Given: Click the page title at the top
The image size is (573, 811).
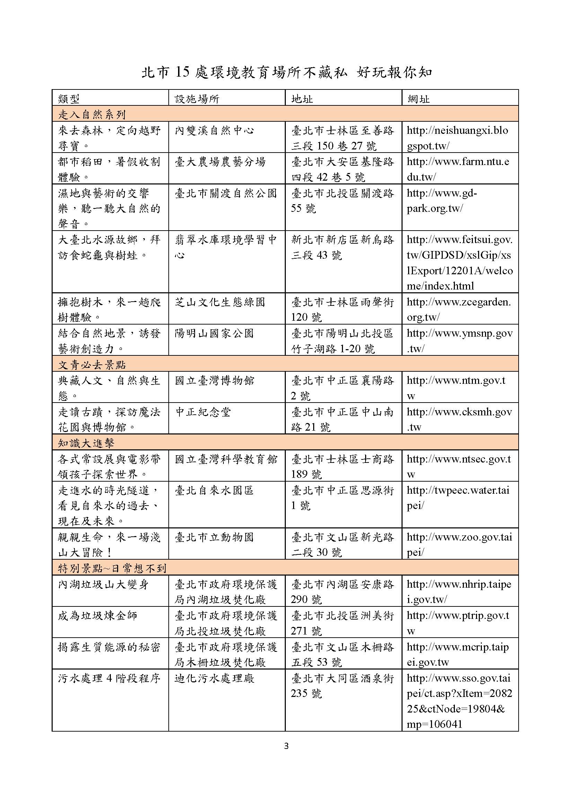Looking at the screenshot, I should click(x=286, y=72).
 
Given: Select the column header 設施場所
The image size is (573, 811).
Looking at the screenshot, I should click(x=197, y=99).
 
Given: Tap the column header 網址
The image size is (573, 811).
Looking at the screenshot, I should click(x=418, y=99).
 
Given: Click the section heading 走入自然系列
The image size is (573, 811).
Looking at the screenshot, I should click(x=92, y=114).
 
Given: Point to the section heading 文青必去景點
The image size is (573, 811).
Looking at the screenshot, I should click(x=92, y=364).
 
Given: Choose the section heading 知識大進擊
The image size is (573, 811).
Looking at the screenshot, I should click(x=86, y=443).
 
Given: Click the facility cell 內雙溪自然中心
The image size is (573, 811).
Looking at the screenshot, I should click(x=214, y=131).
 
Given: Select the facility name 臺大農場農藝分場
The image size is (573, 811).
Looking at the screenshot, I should click(x=220, y=162).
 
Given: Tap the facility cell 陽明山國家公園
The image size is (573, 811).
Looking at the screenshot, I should click(x=214, y=333).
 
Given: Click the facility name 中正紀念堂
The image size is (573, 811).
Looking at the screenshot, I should click(x=203, y=412).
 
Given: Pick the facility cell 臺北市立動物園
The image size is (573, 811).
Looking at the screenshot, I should click(x=214, y=537).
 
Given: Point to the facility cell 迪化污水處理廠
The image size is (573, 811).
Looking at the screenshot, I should click(x=214, y=678).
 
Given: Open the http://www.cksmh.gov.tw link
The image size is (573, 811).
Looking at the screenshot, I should click(x=459, y=419).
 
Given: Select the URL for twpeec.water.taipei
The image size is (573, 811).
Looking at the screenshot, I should click(x=458, y=498).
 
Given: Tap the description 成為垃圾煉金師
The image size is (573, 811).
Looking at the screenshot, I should click(x=97, y=616).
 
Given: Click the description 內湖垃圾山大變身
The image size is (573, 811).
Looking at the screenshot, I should click(x=103, y=584).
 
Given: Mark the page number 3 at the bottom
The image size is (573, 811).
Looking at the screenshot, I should click(x=286, y=746).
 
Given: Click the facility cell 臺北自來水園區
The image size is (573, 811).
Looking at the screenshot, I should click(x=214, y=490).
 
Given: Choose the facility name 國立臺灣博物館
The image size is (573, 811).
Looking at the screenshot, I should click(x=214, y=380).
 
